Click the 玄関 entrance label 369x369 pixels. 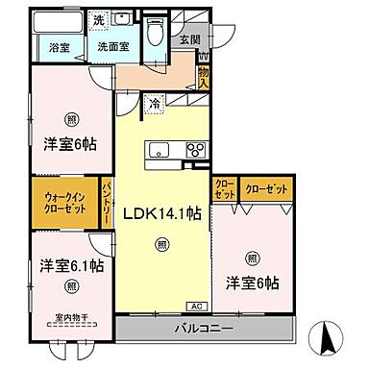click(188, 39)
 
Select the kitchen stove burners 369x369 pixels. click(195, 148)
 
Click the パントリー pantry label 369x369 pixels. click(107, 203)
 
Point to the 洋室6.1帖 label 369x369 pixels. click(71, 265)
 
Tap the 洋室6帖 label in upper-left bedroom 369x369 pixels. click(71, 146)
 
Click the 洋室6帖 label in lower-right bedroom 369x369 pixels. click(253, 283)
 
